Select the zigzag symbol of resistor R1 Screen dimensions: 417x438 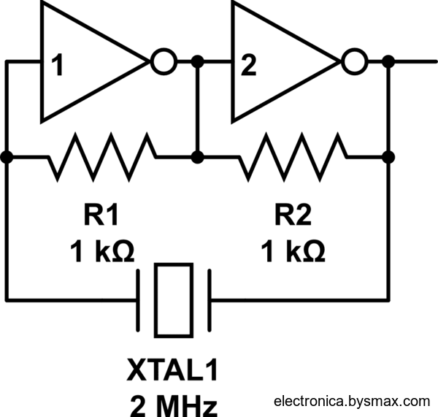102,156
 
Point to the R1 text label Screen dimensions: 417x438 102,217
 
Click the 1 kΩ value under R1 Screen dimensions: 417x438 102,252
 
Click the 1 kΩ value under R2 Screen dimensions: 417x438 293,252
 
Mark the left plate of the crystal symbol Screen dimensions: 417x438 139,299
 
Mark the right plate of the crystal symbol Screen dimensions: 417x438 210,299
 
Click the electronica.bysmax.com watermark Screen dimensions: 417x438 352,401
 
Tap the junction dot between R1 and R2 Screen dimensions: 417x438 196,156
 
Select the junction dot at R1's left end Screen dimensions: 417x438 7,156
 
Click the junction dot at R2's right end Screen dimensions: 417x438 388,156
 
